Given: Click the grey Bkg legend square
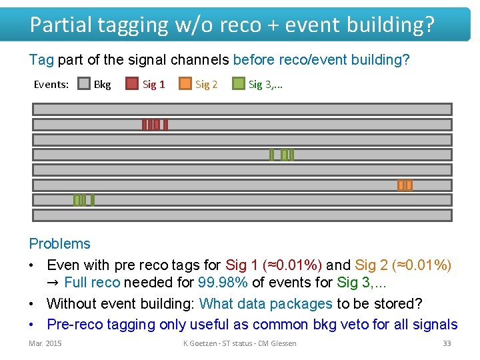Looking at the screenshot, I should pyautogui.click(x=84, y=84).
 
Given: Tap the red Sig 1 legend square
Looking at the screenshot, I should pyautogui.click(x=132, y=84).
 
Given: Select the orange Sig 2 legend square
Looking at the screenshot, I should pyautogui.click(x=185, y=84).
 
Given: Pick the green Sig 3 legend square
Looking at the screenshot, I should pyautogui.click(x=238, y=84).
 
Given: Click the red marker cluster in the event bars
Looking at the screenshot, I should pyautogui.click(x=155, y=125).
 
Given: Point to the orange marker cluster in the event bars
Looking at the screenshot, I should pyautogui.click(x=405, y=185).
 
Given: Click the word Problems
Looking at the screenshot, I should pyautogui.click(x=60, y=244).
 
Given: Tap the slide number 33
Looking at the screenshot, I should pyautogui.click(x=447, y=343).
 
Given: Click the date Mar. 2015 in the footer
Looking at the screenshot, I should pyautogui.click(x=45, y=343).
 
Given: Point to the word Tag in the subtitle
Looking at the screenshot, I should pyautogui.click(x=41, y=60).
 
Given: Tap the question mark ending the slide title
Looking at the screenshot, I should pyautogui.click(x=428, y=25).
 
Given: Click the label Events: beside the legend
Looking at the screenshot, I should pyautogui.click(x=51, y=85).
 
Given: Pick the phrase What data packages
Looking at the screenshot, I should pyautogui.click(x=265, y=304).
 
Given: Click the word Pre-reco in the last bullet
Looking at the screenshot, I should pyautogui.click(x=74, y=325).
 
